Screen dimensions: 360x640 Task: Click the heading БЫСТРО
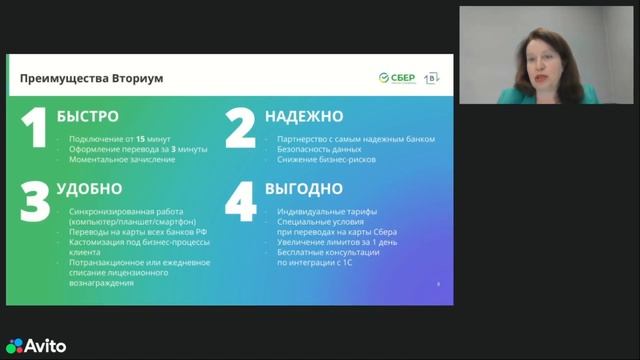(x=88, y=116)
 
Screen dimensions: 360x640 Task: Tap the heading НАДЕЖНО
(x=304, y=116)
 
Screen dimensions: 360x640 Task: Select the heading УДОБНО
(x=90, y=188)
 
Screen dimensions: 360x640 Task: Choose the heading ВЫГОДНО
(x=304, y=188)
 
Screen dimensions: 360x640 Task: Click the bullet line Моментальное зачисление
(x=114, y=161)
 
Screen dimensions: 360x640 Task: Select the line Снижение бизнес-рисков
(x=324, y=161)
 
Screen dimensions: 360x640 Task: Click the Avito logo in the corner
(x=36, y=347)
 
